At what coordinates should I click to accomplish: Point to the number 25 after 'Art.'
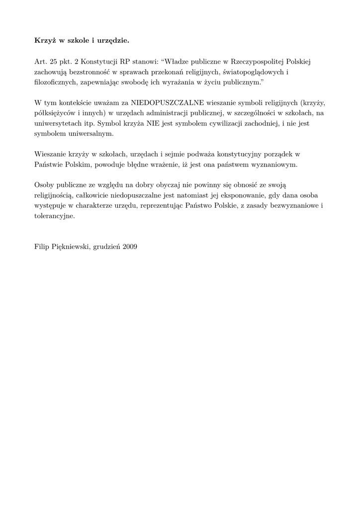(54, 62)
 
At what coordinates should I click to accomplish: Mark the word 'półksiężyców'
(55, 113)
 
